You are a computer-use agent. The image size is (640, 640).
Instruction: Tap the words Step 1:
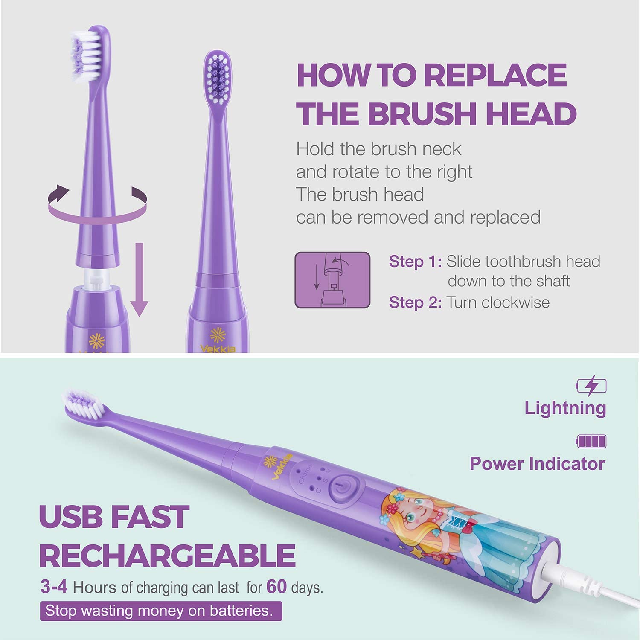click(x=415, y=261)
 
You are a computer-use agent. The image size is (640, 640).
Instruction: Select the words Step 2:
click(x=415, y=303)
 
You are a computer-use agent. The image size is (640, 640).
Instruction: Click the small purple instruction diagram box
click(x=332, y=280)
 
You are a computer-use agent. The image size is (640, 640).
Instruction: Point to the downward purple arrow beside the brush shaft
click(x=139, y=279)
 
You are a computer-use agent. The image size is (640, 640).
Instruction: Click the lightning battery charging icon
click(x=591, y=386)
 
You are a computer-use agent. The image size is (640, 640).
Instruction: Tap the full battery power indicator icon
click(x=591, y=441)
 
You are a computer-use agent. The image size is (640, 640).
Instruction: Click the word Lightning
click(x=565, y=408)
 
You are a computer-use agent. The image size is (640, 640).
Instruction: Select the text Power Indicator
click(x=538, y=464)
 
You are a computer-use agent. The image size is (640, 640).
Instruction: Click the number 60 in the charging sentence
click(x=276, y=587)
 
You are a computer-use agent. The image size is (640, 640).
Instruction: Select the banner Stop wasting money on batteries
click(x=161, y=611)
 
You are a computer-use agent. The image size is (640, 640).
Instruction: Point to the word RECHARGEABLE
click(x=167, y=556)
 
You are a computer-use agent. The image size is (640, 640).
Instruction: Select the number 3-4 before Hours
click(x=54, y=587)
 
